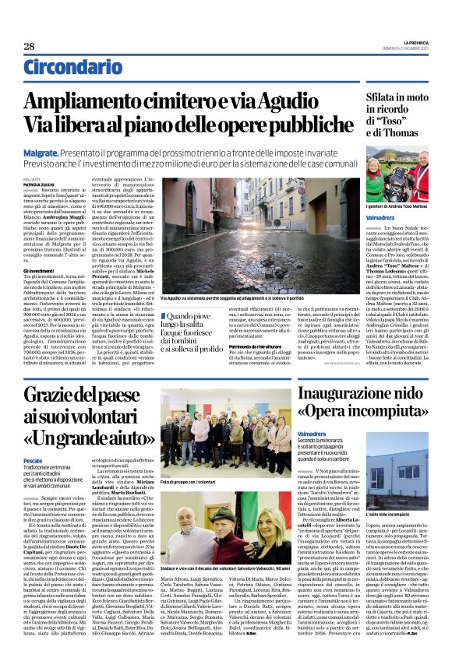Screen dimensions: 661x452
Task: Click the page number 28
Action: tap(29, 46)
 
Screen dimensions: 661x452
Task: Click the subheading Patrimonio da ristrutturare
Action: tap(257, 354)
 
